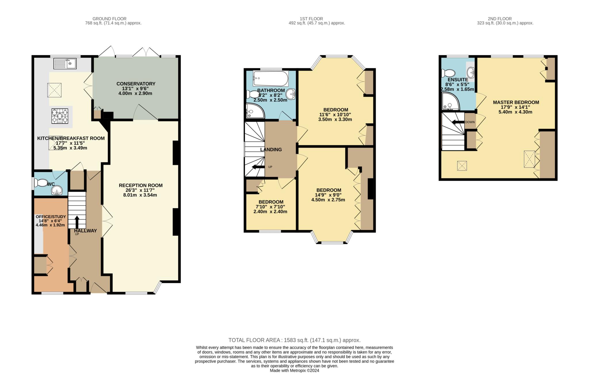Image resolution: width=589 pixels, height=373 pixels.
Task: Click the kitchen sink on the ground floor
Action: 65,64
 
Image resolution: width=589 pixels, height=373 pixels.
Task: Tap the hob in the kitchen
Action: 60,116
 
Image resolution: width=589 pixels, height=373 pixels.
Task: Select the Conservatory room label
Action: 136,84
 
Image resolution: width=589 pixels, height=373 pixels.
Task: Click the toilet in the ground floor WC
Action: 40,183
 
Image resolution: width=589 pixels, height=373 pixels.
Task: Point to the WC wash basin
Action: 57,190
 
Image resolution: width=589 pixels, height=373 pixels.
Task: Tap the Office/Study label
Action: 51,217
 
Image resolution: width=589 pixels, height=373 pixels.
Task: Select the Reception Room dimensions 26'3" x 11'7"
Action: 141,190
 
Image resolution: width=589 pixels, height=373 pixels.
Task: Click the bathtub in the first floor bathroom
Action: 270,79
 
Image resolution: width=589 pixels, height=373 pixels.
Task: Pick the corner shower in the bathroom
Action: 255,111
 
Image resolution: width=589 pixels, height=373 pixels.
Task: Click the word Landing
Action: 271,150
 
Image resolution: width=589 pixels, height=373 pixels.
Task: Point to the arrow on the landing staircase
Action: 258,167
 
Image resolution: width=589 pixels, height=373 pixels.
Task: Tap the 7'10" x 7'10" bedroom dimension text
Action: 270,207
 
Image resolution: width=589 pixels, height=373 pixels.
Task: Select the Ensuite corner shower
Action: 450,102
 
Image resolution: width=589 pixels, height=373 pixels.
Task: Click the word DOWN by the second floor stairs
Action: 470,122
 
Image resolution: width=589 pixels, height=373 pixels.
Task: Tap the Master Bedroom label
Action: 516,102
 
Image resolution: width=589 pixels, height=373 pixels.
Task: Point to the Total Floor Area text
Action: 294,340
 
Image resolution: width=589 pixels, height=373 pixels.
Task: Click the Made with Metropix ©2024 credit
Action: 294,370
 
